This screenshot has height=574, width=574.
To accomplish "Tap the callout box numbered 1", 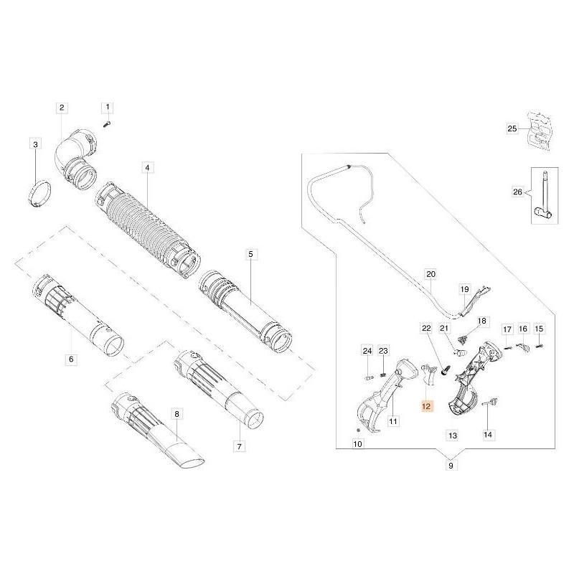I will (108, 108).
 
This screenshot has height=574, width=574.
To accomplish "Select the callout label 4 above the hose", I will (146, 168).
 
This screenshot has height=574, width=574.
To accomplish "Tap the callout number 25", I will (512, 129).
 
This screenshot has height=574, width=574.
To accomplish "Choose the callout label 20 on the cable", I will (430, 274).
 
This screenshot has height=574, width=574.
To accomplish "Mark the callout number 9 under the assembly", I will (451, 466).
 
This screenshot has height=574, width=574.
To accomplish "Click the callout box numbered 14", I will (488, 435).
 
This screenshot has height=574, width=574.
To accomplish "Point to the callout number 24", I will (367, 351).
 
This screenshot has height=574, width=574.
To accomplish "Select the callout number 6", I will (70, 359).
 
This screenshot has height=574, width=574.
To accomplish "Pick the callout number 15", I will (540, 329).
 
